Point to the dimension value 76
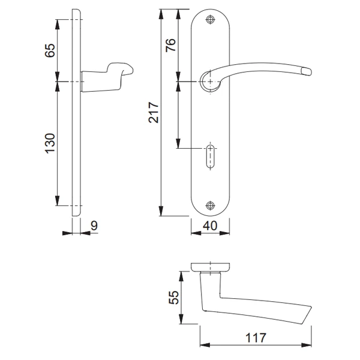coord(170,46)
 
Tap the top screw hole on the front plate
coord(209,20)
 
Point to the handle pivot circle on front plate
coord(209,81)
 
